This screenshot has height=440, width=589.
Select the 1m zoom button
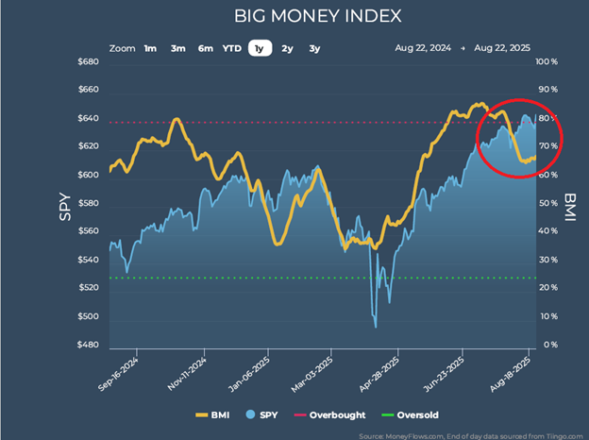point(151,48)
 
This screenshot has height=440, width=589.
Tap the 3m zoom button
point(177,48)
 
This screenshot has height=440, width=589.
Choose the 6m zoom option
point(205,48)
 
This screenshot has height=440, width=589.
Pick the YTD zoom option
point(231,48)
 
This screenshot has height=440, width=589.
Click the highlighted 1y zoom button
point(259,48)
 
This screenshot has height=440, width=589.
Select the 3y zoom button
point(314,48)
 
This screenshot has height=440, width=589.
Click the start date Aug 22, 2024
point(422,48)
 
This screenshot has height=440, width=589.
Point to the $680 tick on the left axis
point(89,62)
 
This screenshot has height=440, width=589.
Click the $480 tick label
point(89,345)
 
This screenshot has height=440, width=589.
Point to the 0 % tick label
point(547,345)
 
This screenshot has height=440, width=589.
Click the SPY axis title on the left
point(64,203)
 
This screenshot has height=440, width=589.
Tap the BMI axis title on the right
point(570,203)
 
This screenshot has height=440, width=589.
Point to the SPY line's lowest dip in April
point(376,327)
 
